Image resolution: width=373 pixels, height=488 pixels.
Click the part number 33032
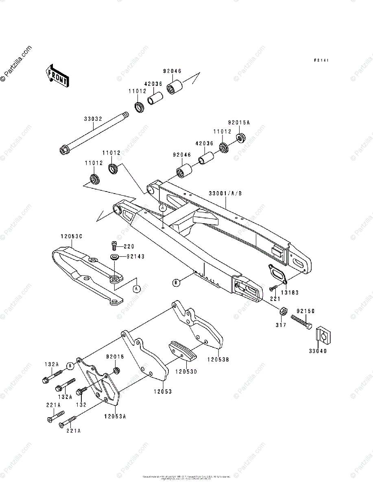93,119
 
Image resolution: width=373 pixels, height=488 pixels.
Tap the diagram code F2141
321,60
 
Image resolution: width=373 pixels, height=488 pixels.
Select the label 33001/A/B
225,193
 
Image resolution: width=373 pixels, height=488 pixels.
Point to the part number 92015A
239,122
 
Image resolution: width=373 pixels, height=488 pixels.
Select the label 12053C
72,236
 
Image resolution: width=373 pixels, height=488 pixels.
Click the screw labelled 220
114,245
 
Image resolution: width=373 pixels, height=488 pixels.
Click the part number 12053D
187,371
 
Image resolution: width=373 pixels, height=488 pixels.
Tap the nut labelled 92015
116,371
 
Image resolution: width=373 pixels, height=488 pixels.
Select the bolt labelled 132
82,391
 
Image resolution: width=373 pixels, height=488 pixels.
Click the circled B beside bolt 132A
70,365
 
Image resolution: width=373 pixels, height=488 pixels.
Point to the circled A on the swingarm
163,208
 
